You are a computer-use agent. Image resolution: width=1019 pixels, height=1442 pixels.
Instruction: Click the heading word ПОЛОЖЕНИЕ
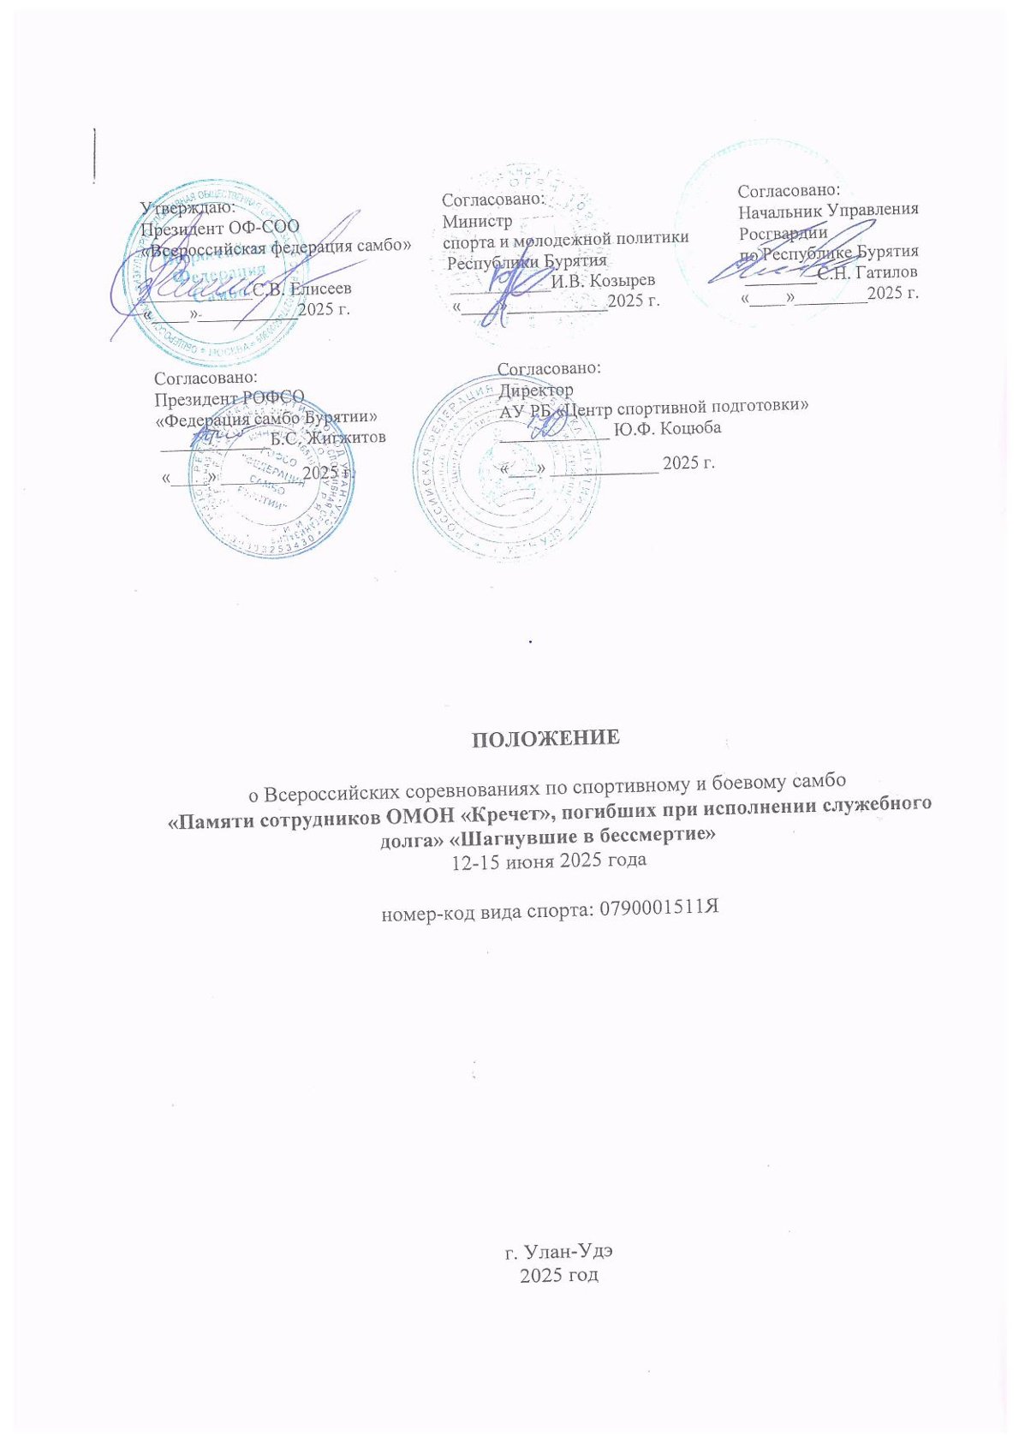point(546,739)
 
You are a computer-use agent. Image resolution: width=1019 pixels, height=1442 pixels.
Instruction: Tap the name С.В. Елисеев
point(301,289)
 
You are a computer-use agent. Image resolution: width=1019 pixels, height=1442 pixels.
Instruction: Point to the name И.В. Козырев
point(603,281)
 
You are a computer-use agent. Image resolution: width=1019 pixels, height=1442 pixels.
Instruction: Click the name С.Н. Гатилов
point(867,272)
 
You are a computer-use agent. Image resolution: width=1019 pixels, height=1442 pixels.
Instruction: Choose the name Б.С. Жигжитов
point(327,437)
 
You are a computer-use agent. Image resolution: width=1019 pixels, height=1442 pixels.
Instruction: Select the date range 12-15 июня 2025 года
point(548,860)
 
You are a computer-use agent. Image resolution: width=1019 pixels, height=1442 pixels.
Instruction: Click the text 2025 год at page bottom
point(558,1275)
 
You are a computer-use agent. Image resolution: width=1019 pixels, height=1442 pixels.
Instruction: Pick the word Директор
point(536,389)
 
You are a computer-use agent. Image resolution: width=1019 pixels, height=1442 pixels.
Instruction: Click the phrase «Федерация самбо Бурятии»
point(266,419)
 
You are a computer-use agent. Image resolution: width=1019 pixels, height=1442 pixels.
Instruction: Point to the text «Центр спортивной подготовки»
point(682,408)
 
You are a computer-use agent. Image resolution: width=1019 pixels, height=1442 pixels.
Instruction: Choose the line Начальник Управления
point(828,209)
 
